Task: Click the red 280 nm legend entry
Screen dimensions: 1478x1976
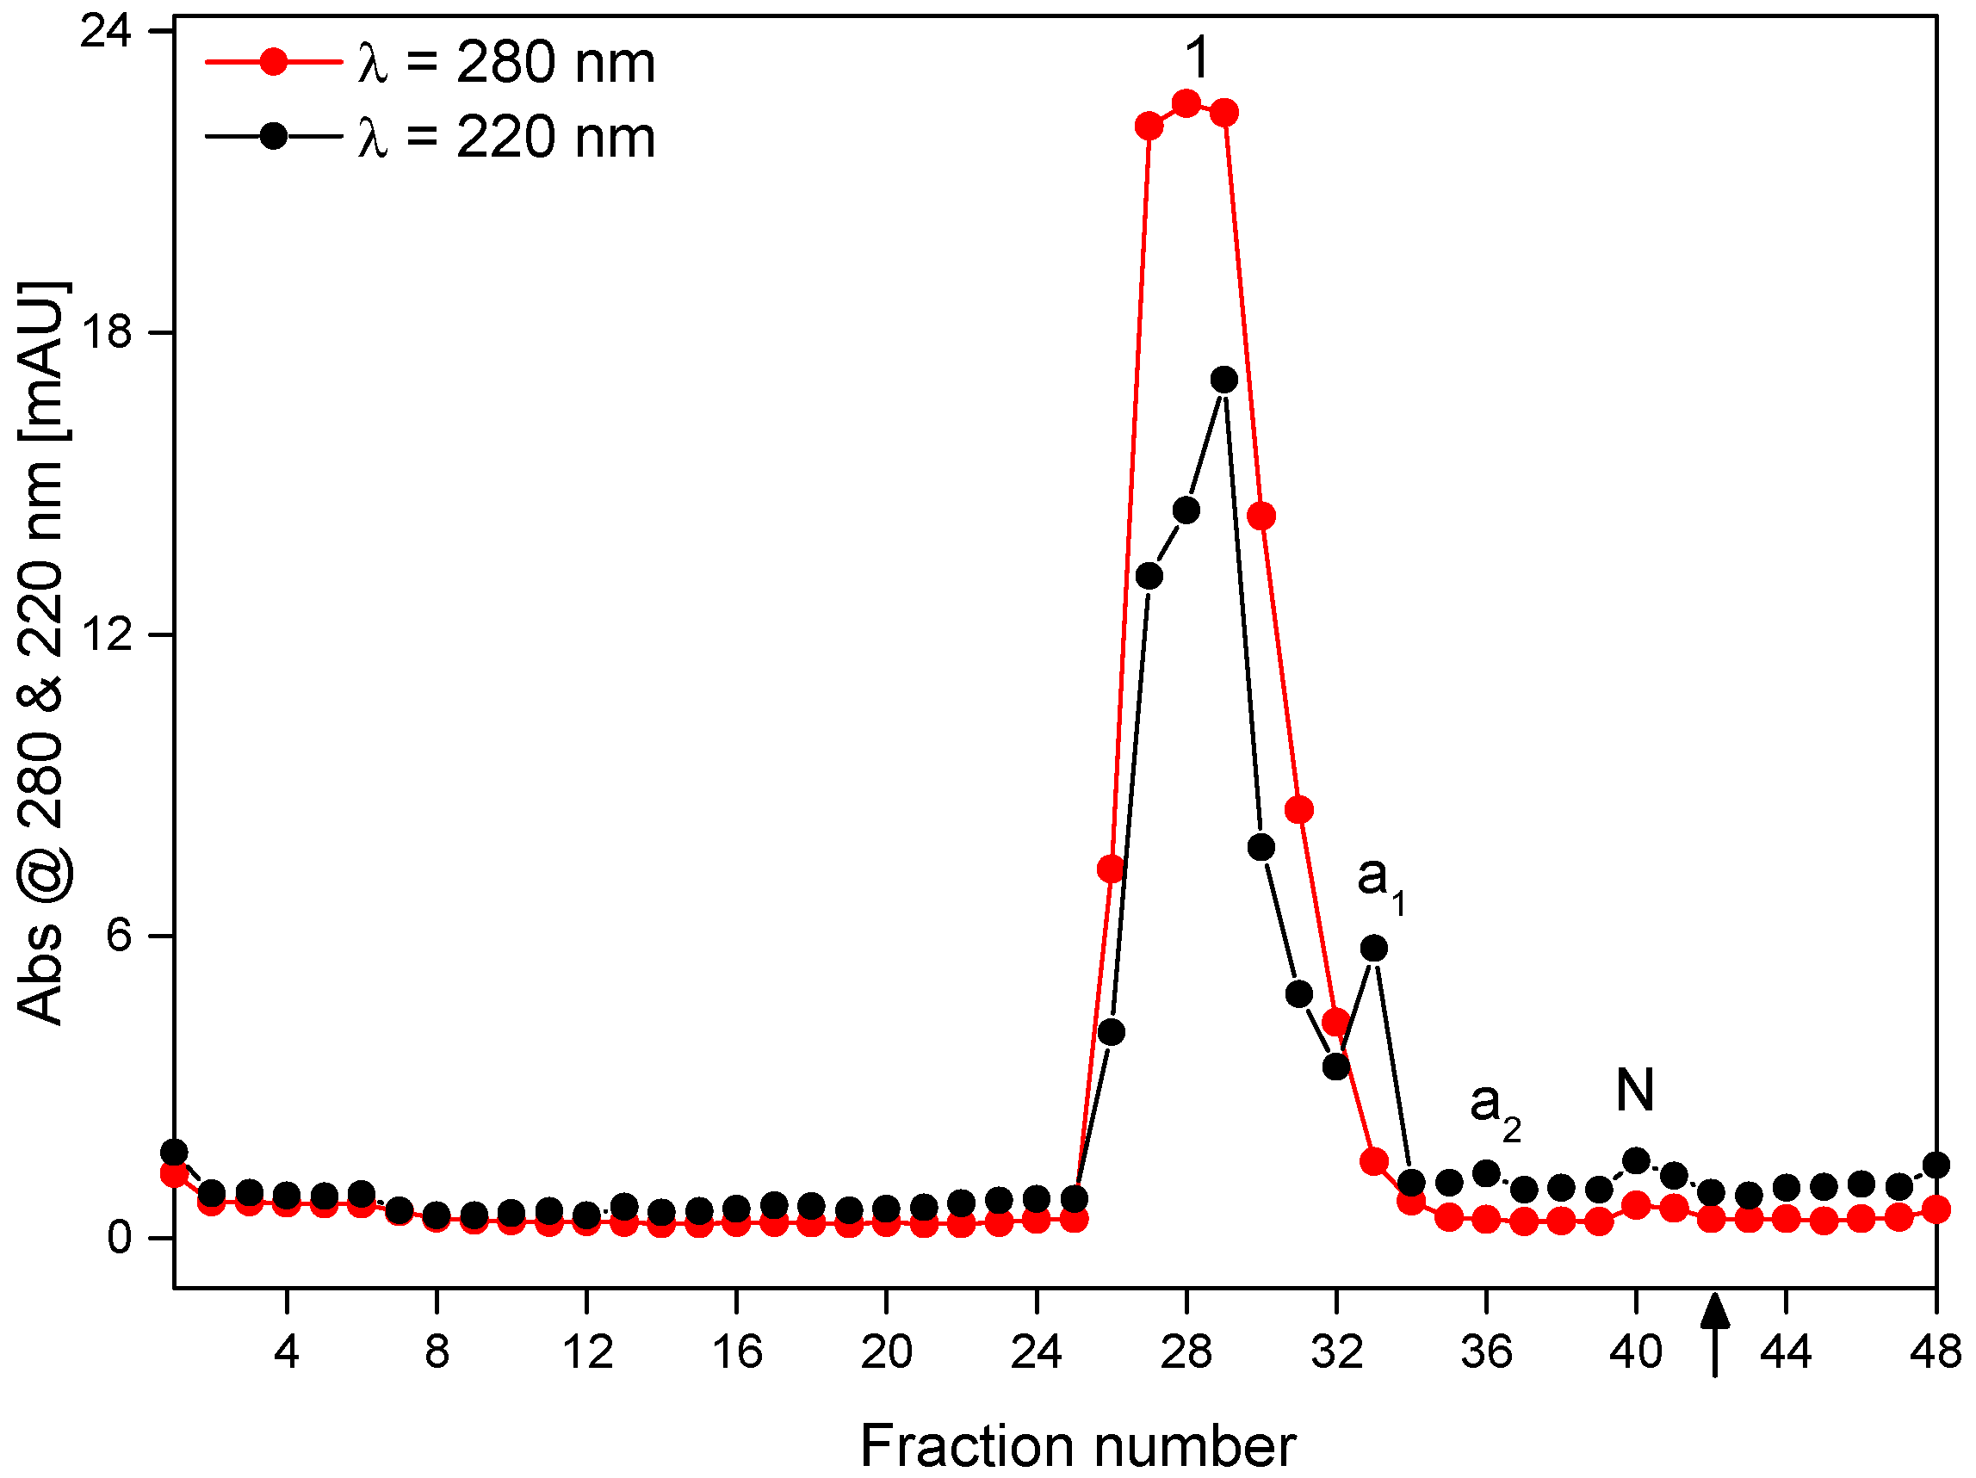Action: click(429, 63)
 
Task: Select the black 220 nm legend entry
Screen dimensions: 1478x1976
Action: click(429, 138)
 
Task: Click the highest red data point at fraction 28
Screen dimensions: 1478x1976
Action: click(1186, 103)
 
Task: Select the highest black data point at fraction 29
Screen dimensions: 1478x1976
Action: click(1223, 380)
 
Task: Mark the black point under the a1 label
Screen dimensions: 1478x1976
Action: click(1374, 949)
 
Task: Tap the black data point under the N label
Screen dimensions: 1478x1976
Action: click(1636, 1161)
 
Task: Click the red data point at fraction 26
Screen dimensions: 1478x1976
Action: click(1111, 869)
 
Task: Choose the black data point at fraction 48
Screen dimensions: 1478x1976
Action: click(1936, 1165)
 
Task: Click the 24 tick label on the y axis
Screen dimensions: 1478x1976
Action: click(105, 32)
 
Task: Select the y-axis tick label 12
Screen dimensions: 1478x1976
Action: click(105, 635)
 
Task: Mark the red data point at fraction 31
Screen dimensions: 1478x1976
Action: click(1299, 810)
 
